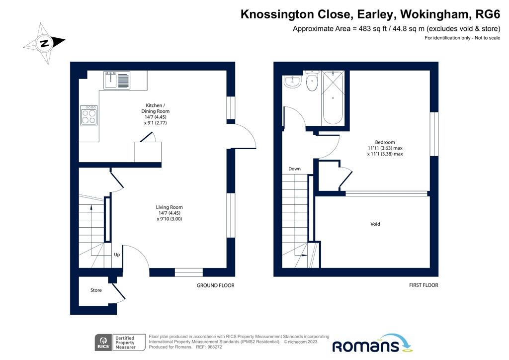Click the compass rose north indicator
[x=44, y=43]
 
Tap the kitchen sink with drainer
[x=117, y=80]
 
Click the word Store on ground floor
[x=96, y=290]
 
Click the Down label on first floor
[x=294, y=169]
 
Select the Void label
[x=375, y=224]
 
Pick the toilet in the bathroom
[x=312, y=82]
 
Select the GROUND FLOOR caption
[x=215, y=285]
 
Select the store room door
[x=118, y=293]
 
